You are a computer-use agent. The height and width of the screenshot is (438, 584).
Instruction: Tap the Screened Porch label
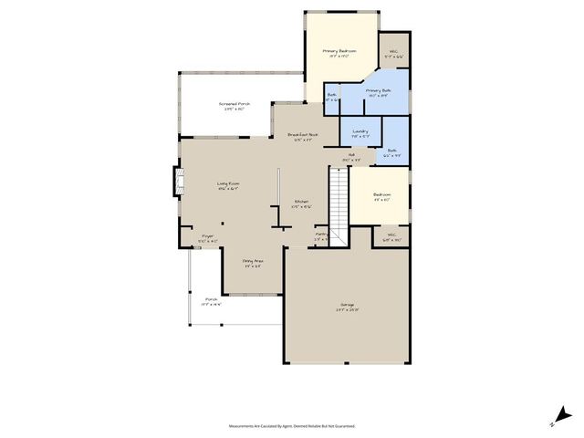point(235,105)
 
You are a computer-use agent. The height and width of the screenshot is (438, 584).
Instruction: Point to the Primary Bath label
point(379,91)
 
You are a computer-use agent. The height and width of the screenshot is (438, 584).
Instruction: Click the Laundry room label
point(360,131)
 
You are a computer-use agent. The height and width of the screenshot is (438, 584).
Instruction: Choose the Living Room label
point(228,184)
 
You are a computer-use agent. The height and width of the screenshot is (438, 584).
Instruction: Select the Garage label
point(348,305)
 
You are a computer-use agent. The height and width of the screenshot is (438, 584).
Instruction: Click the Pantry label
point(321,235)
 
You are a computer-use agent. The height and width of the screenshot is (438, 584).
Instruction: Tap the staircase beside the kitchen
point(339,200)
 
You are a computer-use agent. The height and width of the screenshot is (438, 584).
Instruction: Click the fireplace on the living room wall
point(173,181)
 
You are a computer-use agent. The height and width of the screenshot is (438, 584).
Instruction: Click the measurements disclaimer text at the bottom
point(292,425)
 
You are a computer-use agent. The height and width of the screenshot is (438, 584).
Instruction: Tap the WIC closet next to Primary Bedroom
point(393,53)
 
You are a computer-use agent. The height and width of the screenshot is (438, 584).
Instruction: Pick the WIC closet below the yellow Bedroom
point(391,236)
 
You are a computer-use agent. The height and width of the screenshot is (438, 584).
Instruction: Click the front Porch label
point(211,300)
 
